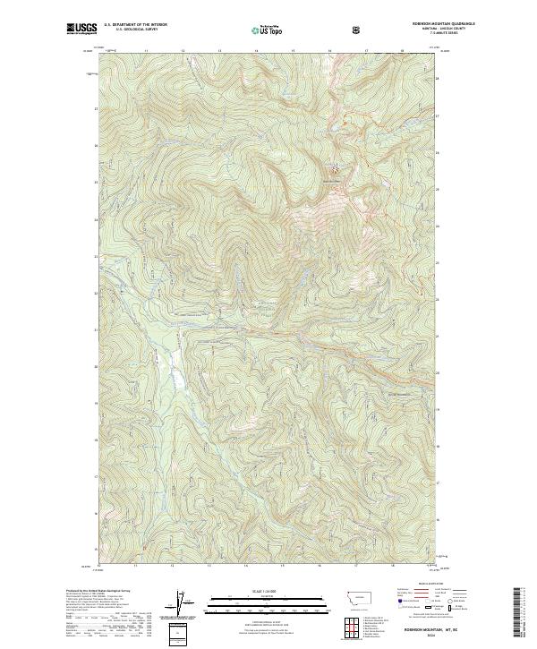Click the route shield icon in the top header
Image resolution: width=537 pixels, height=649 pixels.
(358, 30)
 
